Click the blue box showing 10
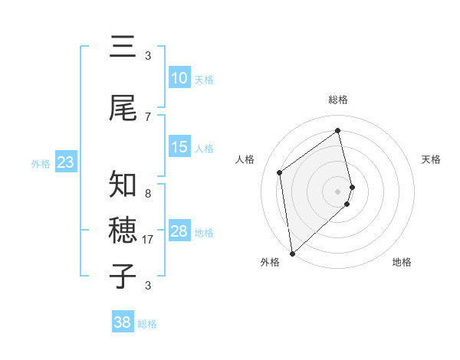(x=179, y=78)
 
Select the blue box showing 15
(x=179, y=147)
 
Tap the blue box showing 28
(x=179, y=231)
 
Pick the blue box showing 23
(x=66, y=162)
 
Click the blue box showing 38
(x=123, y=322)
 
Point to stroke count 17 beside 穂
(x=149, y=240)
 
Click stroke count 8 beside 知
(x=147, y=194)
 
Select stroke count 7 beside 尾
(x=147, y=117)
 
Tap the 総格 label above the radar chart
(x=338, y=100)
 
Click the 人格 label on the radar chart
(x=245, y=159)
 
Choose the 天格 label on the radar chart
(x=431, y=159)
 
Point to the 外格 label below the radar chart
(x=270, y=262)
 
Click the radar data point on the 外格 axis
(x=292, y=253)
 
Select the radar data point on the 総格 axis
(x=338, y=131)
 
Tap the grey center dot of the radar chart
(x=338, y=191)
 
